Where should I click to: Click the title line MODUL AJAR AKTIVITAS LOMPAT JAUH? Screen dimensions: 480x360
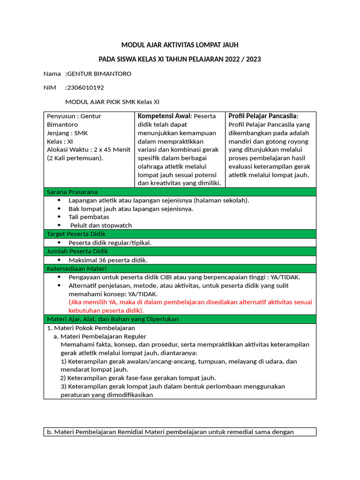click(180, 45)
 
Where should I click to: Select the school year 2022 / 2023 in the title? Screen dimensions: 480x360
click(237, 60)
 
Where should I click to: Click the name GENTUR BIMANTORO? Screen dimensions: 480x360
click(99, 74)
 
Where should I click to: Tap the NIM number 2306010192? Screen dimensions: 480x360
click(85, 88)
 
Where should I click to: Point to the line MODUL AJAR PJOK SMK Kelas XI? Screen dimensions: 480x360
click(115, 102)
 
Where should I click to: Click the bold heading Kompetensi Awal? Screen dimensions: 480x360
click(164, 116)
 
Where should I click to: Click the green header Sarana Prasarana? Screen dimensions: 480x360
click(72, 192)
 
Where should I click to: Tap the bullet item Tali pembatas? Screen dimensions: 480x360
click(89, 217)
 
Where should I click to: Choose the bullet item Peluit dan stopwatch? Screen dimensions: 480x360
click(101, 225)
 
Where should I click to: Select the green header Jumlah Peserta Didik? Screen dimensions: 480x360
click(77, 251)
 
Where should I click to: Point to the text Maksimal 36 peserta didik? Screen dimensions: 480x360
click(108, 260)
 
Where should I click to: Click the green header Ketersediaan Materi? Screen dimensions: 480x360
click(76, 269)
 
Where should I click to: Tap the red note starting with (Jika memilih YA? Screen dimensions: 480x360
click(190, 302)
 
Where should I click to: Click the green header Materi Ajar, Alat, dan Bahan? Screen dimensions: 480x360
click(112, 319)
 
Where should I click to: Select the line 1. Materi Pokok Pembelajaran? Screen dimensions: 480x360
click(88, 328)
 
